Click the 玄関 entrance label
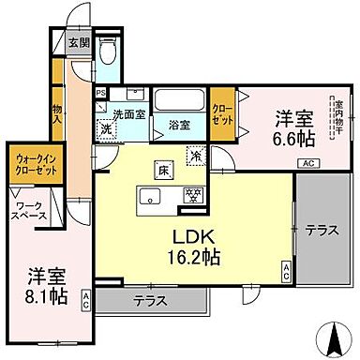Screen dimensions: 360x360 [78, 41]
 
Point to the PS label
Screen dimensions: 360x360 [100, 93]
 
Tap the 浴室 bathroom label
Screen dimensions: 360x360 [179, 122]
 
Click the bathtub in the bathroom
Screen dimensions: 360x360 [178, 100]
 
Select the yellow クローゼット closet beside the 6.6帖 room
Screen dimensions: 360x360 [223, 111]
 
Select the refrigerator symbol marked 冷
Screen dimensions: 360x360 [197, 156]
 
